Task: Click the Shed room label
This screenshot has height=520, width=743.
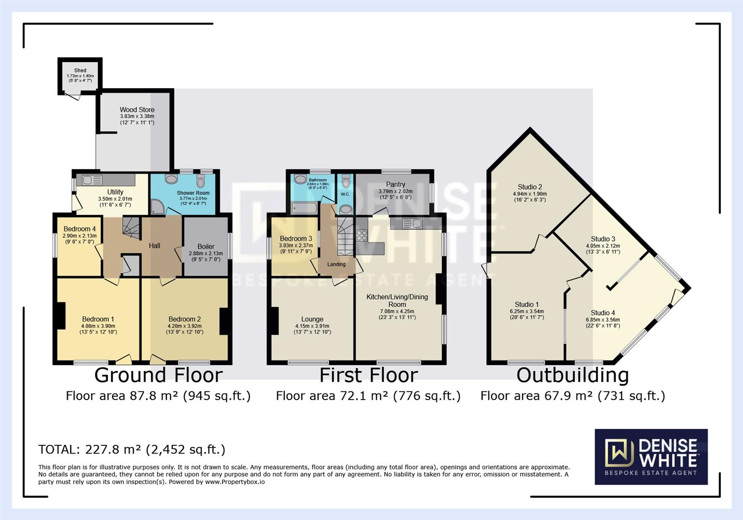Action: click(x=80, y=70)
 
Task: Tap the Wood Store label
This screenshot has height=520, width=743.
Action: click(x=137, y=110)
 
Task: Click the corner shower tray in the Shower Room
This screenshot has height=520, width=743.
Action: click(x=157, y=208)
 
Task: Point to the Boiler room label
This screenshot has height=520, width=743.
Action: click(x=206, y=247)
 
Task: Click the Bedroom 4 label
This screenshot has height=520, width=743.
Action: click(x=79, y=229)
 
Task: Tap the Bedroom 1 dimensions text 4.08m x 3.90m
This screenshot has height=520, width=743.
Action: click(x=98, y=326)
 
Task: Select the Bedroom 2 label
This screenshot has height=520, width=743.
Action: click(x=185, y=319)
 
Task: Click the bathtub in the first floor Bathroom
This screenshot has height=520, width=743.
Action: click(x=304, y=208)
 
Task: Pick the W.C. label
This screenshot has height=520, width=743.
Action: click(x=345, y=195)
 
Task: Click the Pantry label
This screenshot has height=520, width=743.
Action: click(x=396, y=184)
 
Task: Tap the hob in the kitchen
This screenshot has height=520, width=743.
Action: click(x=361, y=235)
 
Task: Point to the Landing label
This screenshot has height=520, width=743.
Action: click(x=336, y=264)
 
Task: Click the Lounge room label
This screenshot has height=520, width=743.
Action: click(x=312, y=319)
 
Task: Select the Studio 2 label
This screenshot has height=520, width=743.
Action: click(x=530, y=187)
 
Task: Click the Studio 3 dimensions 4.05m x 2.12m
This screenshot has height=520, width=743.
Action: click(x=603, y=246)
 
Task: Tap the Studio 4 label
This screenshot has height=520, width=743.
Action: click(x=603, y=313)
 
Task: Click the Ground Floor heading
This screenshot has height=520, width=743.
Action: click(x=158, y=375)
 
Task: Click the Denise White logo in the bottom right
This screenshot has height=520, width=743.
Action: click(x=651, y=456)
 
